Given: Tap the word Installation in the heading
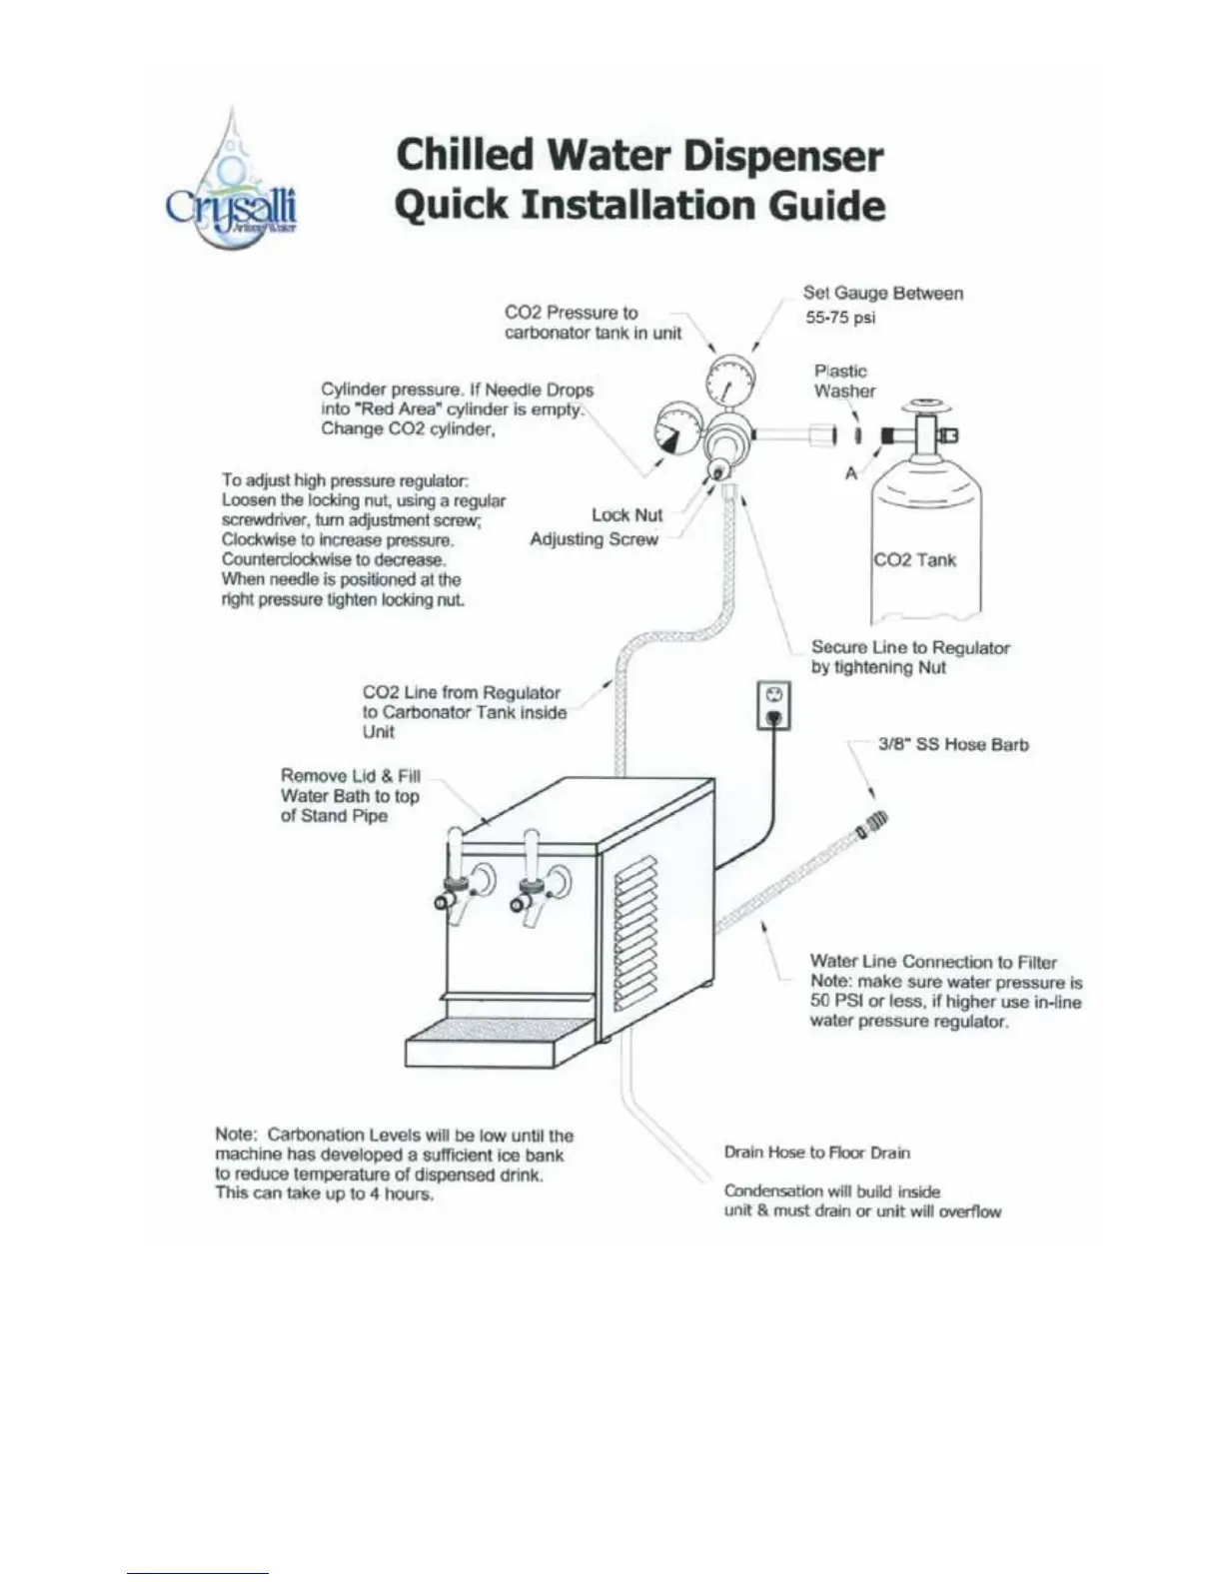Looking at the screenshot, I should (641, 205).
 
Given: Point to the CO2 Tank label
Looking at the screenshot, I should (914, 560).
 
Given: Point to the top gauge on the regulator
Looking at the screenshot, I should (730, 381).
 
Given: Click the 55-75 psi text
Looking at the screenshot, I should (840, 319).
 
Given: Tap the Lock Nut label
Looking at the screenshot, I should (626, 515).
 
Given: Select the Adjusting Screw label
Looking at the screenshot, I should (594, 539).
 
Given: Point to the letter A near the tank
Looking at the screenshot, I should (851, 473).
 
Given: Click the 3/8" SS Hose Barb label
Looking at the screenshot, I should (952, 745).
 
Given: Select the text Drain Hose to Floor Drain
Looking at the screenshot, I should (816, 1153).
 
